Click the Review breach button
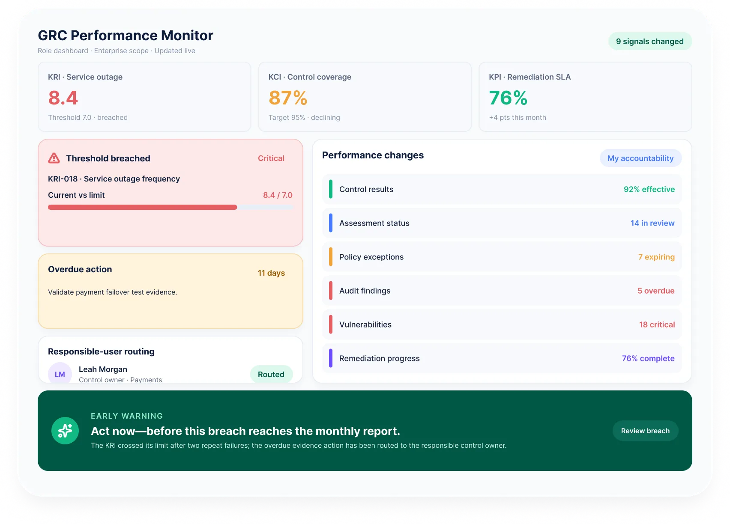click(x=645, y=431)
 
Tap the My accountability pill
click(x=640, y=158)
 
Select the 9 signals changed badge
click(x=650, y=42)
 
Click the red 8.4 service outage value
click(x=63, y=98)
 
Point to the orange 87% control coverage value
click(x=288, y=98)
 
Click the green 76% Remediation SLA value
click(x=508, y=98)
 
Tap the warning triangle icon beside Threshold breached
click(x=54, y=158)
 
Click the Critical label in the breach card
click(x=271, y=158)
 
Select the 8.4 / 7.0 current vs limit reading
click(x=278, y=195)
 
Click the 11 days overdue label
click(x=271, y=273)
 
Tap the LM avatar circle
click(x=60, y=373)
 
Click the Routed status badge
click(x=271, y=374)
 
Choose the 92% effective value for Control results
click(x=649, y=189)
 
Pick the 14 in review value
click(x=652, y=223)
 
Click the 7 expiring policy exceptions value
click(x=656, y=257)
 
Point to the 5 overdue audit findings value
click(x=656, y=291)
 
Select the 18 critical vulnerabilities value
click(x=657, y=325)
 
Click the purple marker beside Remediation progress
click(x=331, y=358)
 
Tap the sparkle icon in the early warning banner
click(x=65, y=431)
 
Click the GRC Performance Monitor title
click(x=126, y=36)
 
